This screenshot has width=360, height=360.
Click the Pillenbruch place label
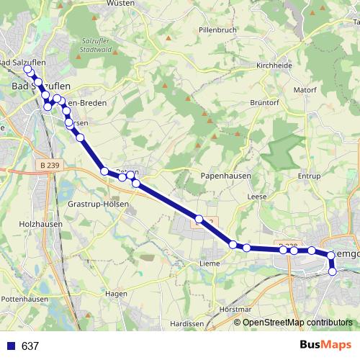coord(217,31)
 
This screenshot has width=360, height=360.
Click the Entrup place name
coord(308,176)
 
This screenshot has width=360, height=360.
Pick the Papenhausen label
coord(223,176)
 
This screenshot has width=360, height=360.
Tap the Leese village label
coord(256,197)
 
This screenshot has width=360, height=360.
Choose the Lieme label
coord(209,264)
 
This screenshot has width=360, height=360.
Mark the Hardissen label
coord(188,324)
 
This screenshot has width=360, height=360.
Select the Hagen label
coord(116,294)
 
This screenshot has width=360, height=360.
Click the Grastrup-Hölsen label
coord(98,204)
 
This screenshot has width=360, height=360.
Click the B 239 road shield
coord(49,166)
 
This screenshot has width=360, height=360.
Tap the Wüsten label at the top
coord(120,4)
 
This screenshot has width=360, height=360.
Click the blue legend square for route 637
coord(11,346)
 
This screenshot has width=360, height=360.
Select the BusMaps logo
coord(325,345)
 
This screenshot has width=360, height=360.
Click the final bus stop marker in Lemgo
coord(333,271)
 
